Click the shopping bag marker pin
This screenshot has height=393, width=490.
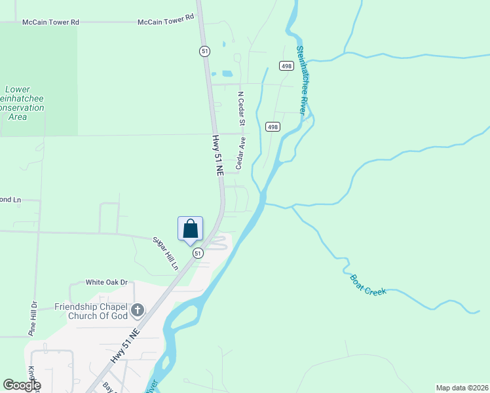tap(191, 229)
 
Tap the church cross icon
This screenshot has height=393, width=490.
tap(138, 309)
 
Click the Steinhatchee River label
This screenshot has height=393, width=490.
tap(301, 81)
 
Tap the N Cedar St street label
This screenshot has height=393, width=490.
tap(241, 108)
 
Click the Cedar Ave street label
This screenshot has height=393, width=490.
tap(240, 153)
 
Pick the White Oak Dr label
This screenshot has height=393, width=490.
tap(106, 282)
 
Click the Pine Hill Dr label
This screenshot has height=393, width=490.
tap(31, 319)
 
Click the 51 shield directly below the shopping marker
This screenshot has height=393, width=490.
tap(198, 253)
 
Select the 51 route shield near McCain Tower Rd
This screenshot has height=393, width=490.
tap(205, 51)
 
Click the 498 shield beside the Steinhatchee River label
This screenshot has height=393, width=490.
tap(286, 65)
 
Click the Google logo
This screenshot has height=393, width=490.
tap(22, 385)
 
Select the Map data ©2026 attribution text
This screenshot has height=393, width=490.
tap(462, 388)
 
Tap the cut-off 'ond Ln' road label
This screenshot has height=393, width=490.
tap(11, 200)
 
